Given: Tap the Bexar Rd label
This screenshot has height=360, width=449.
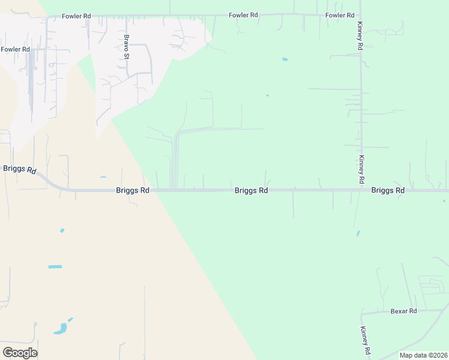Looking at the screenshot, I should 403,311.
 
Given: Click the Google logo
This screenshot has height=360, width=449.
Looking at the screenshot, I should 20,353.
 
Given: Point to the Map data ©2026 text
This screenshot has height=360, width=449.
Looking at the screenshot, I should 423,355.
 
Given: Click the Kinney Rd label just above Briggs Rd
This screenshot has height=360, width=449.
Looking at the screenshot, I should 361,169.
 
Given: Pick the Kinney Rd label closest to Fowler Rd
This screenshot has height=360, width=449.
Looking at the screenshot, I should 360,37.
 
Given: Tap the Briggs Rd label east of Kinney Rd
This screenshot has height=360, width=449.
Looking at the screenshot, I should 388,190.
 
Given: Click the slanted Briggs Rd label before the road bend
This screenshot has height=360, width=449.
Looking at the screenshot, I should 20,169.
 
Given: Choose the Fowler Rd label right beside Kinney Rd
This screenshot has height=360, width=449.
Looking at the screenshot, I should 340,15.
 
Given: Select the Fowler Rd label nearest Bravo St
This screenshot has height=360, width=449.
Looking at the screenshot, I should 76,16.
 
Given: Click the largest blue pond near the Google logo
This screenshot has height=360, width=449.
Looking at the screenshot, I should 60,328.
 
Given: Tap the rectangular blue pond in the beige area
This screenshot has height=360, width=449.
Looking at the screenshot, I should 55,266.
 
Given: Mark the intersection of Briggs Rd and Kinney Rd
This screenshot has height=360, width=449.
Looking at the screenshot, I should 361,190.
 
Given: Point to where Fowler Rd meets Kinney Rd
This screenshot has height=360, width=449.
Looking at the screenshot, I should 360,15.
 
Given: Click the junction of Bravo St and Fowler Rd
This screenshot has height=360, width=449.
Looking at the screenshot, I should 127,16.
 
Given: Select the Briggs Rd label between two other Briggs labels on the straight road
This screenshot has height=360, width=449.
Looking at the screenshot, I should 251,190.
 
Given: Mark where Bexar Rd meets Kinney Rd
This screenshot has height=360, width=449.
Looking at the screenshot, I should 361,313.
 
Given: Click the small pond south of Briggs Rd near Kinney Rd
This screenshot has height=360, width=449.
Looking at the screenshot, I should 358,233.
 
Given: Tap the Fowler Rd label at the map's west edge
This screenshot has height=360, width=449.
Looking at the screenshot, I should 15,49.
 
